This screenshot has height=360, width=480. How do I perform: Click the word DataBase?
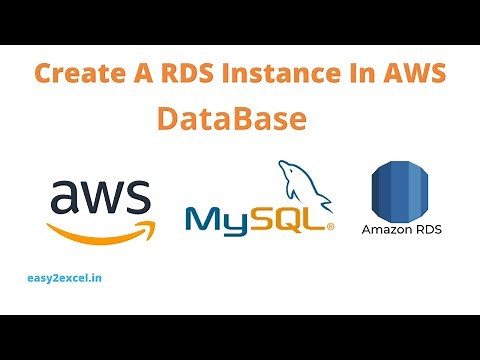[x=230, y=119]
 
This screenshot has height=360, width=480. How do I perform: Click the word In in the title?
[x=361, y=74]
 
